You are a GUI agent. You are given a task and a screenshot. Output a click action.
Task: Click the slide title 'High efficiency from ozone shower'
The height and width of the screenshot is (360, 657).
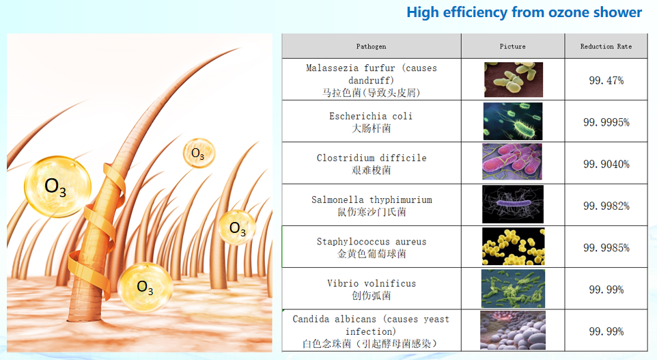click(x=525, y=12)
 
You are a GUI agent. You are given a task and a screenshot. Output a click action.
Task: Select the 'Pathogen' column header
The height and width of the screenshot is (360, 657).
click(x=372, y=46)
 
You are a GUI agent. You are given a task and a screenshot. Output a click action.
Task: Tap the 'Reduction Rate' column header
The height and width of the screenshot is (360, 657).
click(x=606, y=46)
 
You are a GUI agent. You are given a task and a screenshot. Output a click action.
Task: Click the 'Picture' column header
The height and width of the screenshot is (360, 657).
click(x=512, y=46)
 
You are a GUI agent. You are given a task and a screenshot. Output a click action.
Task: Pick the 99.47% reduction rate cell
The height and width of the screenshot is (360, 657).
click(x=606, y=81)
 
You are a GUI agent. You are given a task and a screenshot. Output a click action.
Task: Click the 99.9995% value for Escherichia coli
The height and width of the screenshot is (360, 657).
click(x=606, y=122)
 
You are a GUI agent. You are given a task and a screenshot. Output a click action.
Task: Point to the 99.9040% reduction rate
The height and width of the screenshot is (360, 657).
click(x=606, y=164)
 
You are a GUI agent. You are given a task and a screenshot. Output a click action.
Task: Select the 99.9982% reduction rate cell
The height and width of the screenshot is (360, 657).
click(x=606, y=206)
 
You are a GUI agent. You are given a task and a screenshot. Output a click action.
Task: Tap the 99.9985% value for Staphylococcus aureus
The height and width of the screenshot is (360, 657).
click(x=606, y=248)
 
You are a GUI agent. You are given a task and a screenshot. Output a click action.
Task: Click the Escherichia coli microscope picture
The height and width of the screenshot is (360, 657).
click(x=513, y=121)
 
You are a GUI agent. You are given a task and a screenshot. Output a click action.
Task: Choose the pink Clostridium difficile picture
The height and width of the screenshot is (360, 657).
click(x=512, y=162)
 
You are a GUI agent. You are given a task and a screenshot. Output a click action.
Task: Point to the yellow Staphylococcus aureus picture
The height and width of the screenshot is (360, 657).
click(x=514, y=247)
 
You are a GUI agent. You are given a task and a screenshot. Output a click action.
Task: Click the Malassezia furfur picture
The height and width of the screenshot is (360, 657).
click(x=514, y=80)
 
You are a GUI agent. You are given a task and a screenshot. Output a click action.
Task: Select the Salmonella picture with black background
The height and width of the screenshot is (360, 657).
click(x=513, y=204)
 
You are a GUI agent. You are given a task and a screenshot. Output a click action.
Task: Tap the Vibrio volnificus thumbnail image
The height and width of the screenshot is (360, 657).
click(x=514, y=288)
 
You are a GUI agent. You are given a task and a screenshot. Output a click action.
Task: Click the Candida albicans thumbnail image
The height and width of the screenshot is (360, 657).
click(x=513, y=330)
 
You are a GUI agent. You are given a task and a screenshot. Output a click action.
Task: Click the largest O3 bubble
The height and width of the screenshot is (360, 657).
click(x=57, y=186)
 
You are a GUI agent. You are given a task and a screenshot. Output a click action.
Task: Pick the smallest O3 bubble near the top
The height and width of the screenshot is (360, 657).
click(x=199, y=153)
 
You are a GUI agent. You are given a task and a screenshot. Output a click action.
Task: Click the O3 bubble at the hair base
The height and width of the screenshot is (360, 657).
click(x=145, y=288)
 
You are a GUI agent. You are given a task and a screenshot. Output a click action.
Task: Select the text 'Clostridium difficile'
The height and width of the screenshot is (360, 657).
click(x=372, y=158)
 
